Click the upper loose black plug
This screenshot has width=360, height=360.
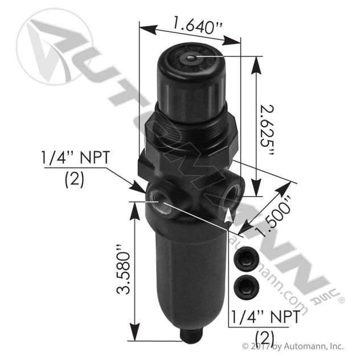tap(243, 261)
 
